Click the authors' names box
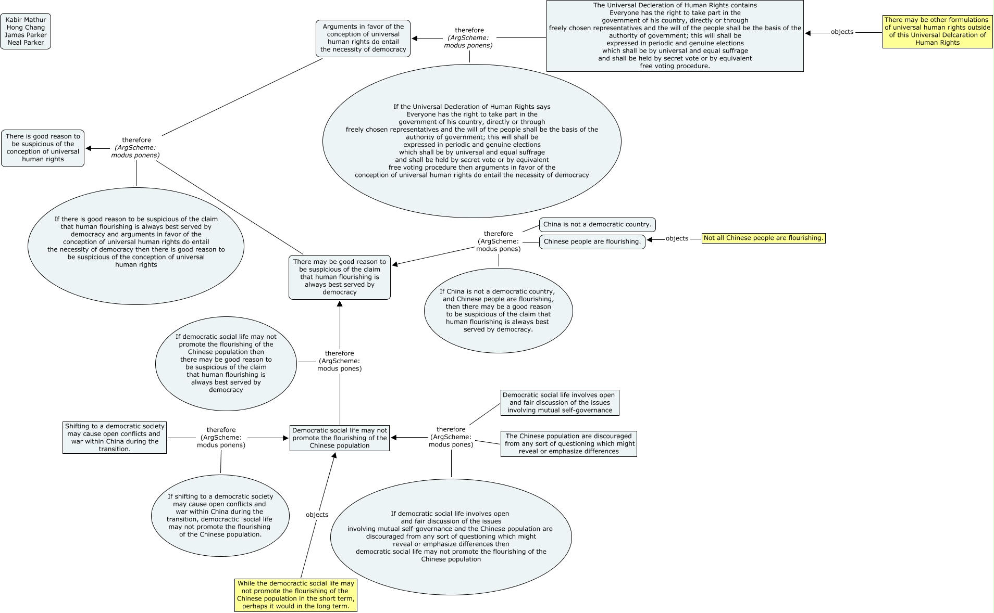(x=26, y=31)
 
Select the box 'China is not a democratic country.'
(x=597, y=225)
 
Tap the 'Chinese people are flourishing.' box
(x=592, y=242)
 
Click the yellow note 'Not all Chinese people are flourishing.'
(x=763, y=238)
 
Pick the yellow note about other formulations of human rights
(x=937, y=32)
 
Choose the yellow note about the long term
(x=295, y=595)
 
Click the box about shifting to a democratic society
(x=115, y=438)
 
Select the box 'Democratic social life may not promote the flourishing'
(x=339, y=438)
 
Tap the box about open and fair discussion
(x=559, y=403)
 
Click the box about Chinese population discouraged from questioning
(x=568, y=444)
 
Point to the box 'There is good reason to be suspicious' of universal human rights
(x=43, y=148)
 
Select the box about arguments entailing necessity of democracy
(x=363, y=39)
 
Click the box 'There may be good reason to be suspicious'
(x=339, y=277)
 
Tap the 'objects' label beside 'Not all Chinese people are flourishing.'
(x=677, y=239)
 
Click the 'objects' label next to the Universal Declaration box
(x=842, y=32)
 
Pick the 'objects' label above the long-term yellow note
(x=317, y=515)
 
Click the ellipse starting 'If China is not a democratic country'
(x=498, y=311)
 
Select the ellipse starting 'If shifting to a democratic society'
(x=220, y=516)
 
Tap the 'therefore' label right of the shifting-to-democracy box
(x=221, y=438)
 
